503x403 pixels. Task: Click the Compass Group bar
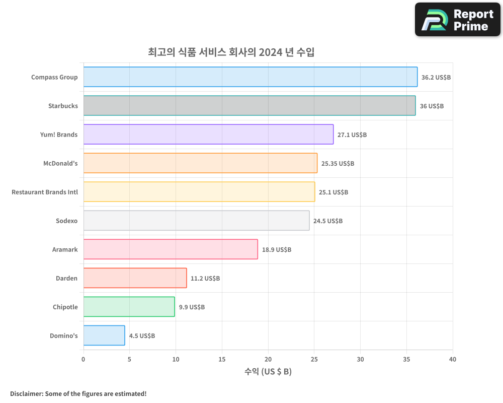(x=250, y=77)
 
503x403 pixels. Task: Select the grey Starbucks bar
(x=249, y=106)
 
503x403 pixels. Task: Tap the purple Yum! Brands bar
(x=208, y=135)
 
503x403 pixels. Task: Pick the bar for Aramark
(x=171, y=249)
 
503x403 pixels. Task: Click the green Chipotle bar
(x=129, y=307)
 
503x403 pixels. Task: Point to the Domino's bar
(x=104, y=335)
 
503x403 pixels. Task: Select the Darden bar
(x=135, y=278)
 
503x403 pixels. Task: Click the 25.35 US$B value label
(x=338, y=164)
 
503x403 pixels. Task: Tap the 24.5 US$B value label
(x=328, y=221)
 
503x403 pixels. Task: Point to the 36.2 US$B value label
(x=436, y=78)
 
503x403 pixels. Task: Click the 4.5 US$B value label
(x=142, y=336)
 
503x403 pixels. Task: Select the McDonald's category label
(x=60, y=163)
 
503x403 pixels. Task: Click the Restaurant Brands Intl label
(x=45, y=192)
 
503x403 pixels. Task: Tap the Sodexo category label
(x=67, y=221)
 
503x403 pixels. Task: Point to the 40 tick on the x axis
(x=453, y=359)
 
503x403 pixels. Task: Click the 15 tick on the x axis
(x=222, y=359)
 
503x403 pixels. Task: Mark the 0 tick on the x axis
(x=83, y=359)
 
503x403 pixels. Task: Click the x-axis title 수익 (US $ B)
(x=268, y=372)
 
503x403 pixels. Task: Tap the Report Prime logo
(x=457, y=20)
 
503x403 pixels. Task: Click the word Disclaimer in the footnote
(x=26, y=393)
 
